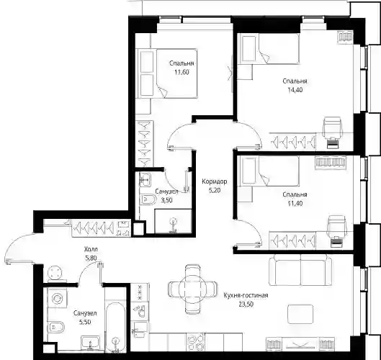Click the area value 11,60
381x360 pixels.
(x=181, y=72)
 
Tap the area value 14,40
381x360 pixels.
(x=295, y=90)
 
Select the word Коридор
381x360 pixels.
(x=215, y=181)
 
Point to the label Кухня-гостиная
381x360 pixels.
(x=246, y=295)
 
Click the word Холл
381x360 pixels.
(x=91, y=249)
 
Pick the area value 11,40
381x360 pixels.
(x=295, y=203)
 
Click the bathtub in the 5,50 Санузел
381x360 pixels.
(x=116, y=327)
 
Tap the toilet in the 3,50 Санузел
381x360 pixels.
(x=148, y=199)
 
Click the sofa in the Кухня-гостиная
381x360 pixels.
(x=300, y=269)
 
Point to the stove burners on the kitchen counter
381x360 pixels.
(x=196, y=342)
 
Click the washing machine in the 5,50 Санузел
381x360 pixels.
(x=58, y=298)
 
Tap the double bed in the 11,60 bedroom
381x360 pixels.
(x=176, y=73)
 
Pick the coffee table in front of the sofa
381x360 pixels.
(x=300, y=314)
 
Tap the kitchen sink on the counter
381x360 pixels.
(x=140, y=329)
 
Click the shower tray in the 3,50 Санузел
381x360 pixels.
(x=174, y=221)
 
